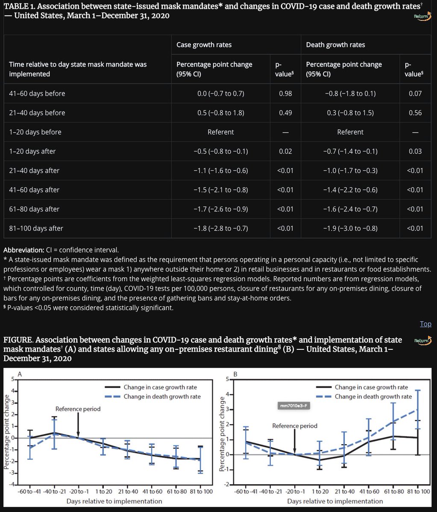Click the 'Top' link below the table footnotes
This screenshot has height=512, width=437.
coord(425,324)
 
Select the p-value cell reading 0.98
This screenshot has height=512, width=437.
coord(285,93)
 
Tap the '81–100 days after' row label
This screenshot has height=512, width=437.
coord(36,228)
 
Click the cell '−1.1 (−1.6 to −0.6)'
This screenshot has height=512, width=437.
coord(220,171)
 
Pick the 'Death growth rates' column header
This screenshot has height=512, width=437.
coord(336,45)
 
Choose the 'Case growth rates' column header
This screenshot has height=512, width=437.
coord(204,45)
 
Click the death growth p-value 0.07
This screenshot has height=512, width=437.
coord(415,93)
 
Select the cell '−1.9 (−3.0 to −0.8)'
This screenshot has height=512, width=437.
coord(350,228)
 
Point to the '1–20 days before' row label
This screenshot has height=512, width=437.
coord(35,132)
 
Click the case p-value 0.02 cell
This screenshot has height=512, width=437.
coord(285,151)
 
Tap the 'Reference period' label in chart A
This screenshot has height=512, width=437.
coord(78,409)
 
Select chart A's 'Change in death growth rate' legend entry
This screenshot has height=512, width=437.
coord(162,396)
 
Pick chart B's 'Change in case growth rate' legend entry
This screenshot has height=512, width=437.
coord(371,387)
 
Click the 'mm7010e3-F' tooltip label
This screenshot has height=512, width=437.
coord(293,405)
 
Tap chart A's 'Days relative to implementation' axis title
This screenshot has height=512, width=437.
coord(114,501)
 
